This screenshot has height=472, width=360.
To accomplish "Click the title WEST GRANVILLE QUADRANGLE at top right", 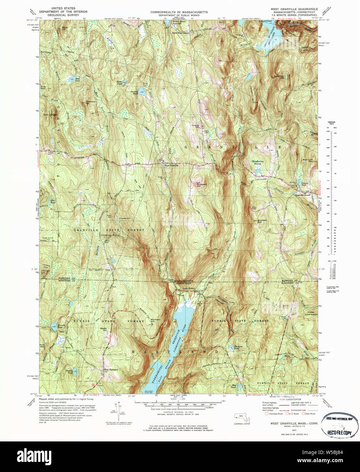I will point(294,9).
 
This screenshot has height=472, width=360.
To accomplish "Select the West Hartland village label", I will point(110,369).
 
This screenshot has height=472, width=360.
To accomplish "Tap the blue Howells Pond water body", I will point(54,328).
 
